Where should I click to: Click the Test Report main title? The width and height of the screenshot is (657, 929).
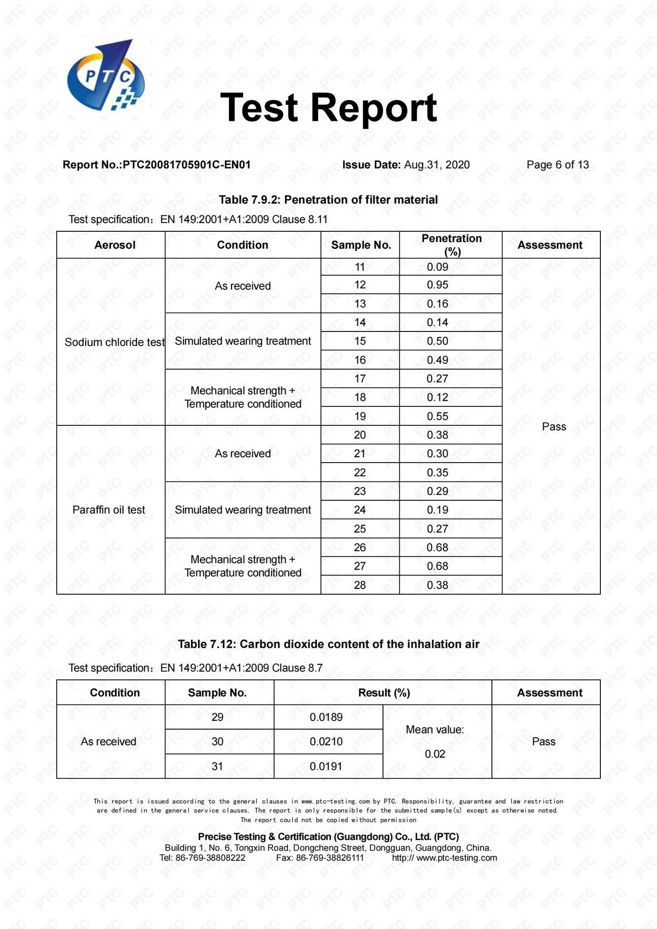(328, 108)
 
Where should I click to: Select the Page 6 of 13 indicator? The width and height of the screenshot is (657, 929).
(557, 165)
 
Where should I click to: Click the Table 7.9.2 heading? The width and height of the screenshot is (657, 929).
(328, 200)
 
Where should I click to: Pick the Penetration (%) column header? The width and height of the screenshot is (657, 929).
(451, 245)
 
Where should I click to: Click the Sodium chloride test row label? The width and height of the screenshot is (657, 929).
(115, 342)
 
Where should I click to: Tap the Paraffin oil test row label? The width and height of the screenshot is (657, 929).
(109, 510)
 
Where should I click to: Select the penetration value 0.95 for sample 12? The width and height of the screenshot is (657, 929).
(437, 285)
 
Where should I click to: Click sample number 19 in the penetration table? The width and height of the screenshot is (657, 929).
(360, 416)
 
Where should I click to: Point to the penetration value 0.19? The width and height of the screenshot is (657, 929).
(437, 510)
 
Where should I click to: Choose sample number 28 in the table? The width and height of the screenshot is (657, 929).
(360, 585)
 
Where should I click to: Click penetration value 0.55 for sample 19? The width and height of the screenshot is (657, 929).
(437, 416)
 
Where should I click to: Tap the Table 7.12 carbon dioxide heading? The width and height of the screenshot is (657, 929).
(328, 644)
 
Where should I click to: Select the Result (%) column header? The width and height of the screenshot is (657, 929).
(384, 693)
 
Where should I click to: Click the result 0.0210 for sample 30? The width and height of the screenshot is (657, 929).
(326, 742)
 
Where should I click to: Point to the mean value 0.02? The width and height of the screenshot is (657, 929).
(435, 754)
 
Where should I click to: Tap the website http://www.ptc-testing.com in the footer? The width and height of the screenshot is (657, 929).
(444, 858)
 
